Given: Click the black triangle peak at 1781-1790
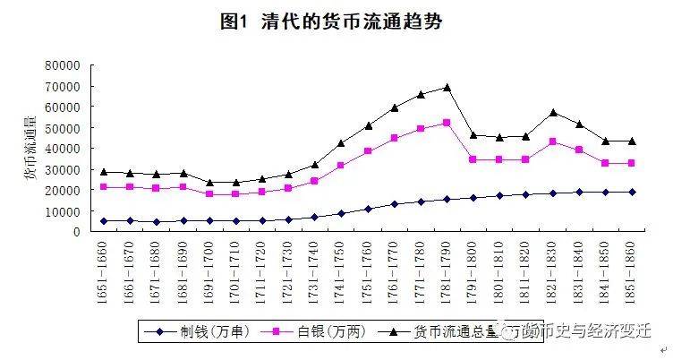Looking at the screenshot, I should point(447,88).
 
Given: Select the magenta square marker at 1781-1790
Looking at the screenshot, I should point(447,123).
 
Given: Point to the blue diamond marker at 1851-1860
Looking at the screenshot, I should point(631,192).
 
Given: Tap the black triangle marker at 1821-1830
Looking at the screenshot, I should point(552,113).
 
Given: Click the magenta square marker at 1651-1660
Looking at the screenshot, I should point(106,186).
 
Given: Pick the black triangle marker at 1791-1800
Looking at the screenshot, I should point(473,135).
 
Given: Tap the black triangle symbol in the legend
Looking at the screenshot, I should point(394,332).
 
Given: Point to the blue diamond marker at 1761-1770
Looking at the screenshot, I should point(394,204).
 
